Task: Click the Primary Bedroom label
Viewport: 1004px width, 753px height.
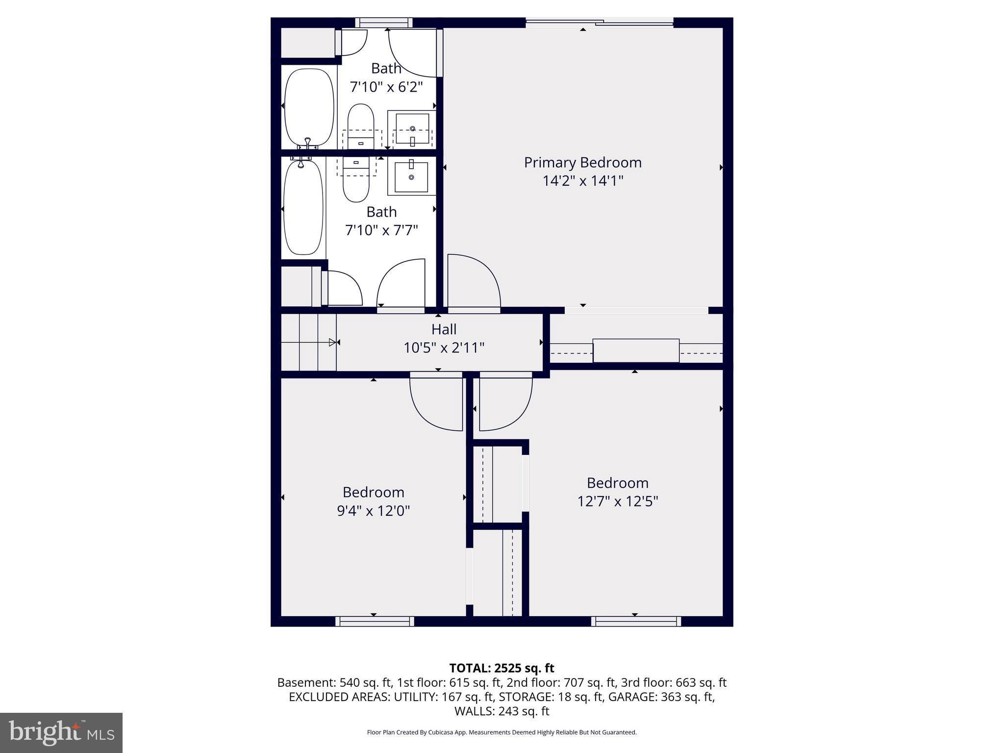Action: point(582,162)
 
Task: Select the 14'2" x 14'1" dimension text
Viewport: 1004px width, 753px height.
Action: point(582,181)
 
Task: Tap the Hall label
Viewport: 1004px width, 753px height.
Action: point(444,329)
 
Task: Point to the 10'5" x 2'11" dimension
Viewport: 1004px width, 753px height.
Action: point(444,348)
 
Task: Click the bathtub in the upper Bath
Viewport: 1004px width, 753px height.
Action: point(309,107)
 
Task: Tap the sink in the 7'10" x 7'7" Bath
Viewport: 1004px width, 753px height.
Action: point(411,176)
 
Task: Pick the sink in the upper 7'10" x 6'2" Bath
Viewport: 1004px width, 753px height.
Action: point(412,129)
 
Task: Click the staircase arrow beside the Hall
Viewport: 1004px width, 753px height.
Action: point(332,342)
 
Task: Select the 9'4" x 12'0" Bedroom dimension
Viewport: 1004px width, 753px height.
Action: point(373,511)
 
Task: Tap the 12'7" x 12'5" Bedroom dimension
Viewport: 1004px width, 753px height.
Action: point(617,502)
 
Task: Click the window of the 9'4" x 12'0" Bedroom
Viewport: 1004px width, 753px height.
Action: point(375,621)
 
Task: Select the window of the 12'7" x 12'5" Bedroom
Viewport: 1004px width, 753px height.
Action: point(636,621)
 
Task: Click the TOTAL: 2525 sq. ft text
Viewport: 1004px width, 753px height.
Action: point(502,668)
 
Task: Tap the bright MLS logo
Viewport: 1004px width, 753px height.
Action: point(61,732)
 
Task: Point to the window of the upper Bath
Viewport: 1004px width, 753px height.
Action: point(383,23)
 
